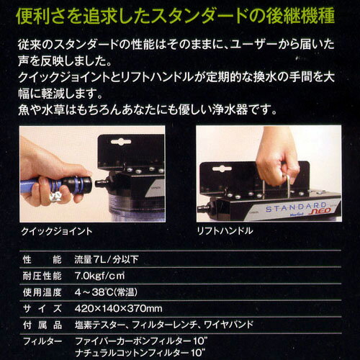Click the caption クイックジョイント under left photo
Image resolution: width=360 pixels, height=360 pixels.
pos(57,231)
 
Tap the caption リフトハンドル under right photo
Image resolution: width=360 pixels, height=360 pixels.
pos(225,231)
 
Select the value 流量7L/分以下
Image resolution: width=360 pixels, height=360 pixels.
pos(107,259)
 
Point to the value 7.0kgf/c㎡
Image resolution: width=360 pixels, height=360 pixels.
pos(99,276)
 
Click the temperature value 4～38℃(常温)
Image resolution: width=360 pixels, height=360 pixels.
pos(106,292)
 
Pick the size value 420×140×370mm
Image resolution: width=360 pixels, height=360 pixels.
pos(118,308)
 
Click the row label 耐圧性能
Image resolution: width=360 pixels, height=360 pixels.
pos(42,276)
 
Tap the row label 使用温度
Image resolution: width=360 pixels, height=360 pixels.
pos(42,292)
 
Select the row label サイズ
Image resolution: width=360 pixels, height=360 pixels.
pos(42,309)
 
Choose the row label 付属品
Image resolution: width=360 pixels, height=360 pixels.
pos(42,325)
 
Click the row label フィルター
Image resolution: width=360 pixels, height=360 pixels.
pos(42,341)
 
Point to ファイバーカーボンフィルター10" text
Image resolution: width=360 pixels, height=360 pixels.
pos(141,341)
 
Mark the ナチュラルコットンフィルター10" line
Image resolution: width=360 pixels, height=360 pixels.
pos(140,353)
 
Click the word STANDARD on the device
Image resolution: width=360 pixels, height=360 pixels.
pos(296,207)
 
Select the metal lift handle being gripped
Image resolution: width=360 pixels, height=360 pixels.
pos(276,186)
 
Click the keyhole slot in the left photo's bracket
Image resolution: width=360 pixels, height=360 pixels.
pos(121,142)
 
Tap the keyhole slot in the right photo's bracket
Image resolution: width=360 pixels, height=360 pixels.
pos(222,169)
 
